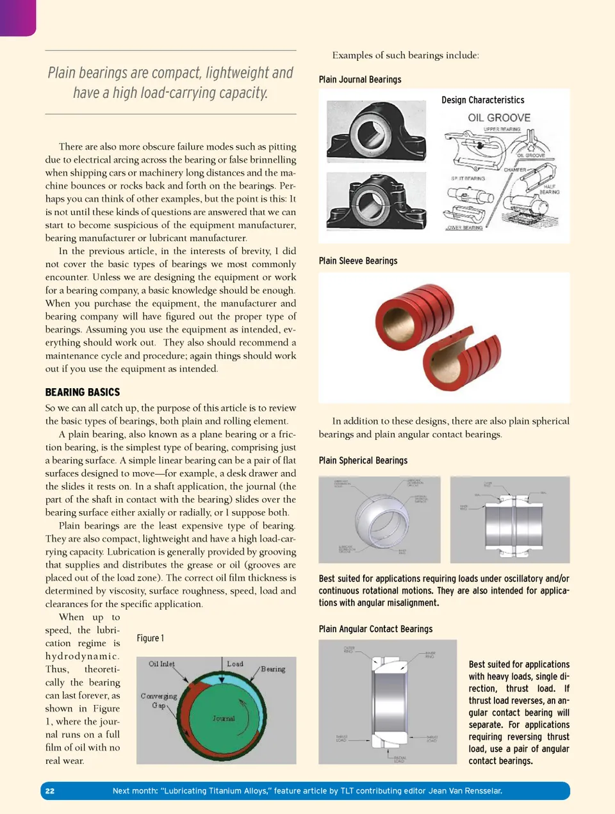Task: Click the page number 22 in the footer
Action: point(50,791)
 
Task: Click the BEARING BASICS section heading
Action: point(83,392)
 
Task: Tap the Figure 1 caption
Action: point(150,638)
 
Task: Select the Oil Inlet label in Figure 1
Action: point(161,664)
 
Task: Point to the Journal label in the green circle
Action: point(224,719)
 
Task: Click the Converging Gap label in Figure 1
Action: point(159,700)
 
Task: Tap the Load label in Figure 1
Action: point(235,664)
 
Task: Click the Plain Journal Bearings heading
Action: point(360,79)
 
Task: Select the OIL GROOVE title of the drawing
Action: point(499,118)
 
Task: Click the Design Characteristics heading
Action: point(482,100)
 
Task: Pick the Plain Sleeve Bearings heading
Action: point(358,261)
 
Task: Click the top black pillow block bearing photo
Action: point(376,131)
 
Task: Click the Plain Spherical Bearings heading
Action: point(363,460)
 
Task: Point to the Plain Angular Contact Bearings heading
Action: point(375,629)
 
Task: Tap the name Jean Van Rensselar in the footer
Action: point(465,791)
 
